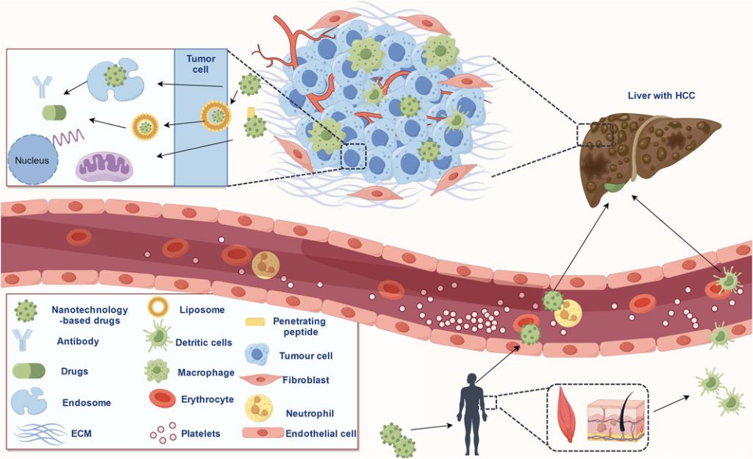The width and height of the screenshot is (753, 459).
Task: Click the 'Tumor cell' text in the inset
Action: pos(201,64)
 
